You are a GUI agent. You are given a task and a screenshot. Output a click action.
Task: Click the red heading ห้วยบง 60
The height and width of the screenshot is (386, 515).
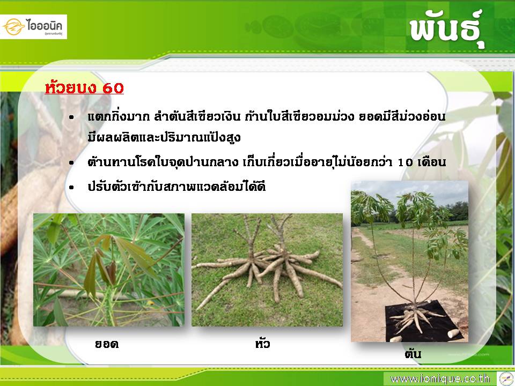(84, 87)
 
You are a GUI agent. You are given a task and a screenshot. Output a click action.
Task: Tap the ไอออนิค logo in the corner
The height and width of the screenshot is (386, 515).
(33, 27)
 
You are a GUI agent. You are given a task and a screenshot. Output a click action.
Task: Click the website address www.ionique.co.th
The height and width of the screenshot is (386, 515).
(440, 379)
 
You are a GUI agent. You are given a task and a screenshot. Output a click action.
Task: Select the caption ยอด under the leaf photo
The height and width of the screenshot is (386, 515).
(106, 344)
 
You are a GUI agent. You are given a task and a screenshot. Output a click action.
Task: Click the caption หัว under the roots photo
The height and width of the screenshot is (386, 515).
(262, 343)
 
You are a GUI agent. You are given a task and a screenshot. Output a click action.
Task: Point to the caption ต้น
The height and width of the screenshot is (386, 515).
(413, 353)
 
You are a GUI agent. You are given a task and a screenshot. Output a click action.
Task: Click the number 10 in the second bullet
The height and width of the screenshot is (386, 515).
(406, 162)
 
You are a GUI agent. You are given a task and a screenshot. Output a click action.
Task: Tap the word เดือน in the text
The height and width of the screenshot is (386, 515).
(431, 162)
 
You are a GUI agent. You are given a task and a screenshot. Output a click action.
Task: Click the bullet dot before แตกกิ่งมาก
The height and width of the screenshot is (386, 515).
(71, 117)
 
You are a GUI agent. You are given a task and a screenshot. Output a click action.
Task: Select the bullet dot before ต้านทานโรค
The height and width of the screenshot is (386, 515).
(71, 163)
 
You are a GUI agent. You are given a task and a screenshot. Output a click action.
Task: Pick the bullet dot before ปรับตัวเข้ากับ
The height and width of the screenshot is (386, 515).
(71, 188)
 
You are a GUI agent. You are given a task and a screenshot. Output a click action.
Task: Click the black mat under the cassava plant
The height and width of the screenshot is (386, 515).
(424, 322)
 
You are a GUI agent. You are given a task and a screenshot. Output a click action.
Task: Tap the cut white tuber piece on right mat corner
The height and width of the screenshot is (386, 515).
(453, 333)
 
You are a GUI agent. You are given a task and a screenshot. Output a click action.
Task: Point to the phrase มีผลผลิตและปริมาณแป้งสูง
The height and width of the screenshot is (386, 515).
(164, 137)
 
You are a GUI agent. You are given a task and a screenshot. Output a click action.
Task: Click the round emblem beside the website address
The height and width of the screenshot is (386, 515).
(506, 379)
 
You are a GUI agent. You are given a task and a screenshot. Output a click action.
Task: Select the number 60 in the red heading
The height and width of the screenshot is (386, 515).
(113, 88)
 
